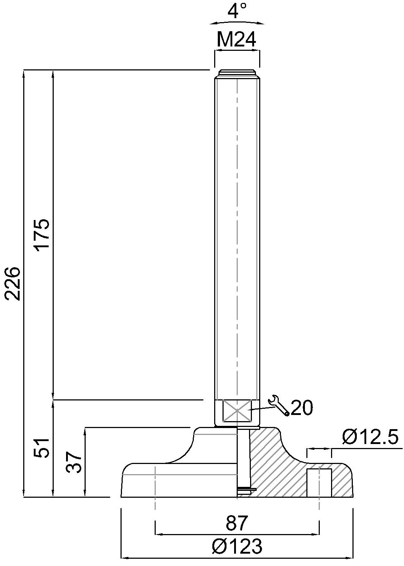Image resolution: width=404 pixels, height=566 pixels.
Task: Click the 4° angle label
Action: tap(237, 11)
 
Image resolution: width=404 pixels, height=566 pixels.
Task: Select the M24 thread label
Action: tap(237, 40)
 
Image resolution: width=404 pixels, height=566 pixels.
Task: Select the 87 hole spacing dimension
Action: tap(237, 523)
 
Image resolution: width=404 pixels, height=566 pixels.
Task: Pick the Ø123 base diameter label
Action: tap(236, 546)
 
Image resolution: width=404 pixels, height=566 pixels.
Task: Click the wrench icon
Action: tap(278, 405)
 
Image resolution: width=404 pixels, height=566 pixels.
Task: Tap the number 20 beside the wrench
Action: tap(301, 408)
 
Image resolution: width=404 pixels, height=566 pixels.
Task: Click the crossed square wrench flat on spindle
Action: tap(237, 411)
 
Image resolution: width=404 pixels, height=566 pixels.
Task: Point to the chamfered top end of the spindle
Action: tap(237, 72)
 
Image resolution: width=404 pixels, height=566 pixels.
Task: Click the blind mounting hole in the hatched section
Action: tap(319, 482)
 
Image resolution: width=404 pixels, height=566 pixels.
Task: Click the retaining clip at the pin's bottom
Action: tap(246, 490)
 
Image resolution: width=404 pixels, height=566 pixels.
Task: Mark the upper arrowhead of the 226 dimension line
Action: tap(24, 73)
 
